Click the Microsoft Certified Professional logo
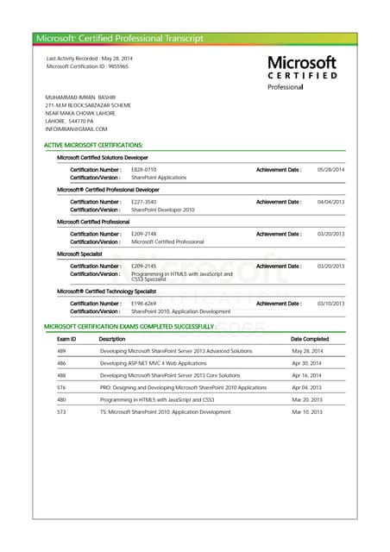[301, 72]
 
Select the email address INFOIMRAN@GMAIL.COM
[77, 129]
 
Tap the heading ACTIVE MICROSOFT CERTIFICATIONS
[93, 146]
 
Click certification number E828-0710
[144, 169]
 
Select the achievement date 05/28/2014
[331, 169]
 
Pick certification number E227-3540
[144, 202]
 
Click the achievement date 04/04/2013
[331, 202]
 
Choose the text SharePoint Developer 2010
[163, 210]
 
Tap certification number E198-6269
[144, 304]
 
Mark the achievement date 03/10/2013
[331, 304]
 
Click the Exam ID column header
[66, 339]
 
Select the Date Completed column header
[310, 339]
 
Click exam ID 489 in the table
[61, 352]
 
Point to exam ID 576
[61, 388]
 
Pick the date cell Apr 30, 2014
[306, 364]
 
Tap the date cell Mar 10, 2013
[306, 412]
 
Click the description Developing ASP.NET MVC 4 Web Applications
[154, 364]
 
